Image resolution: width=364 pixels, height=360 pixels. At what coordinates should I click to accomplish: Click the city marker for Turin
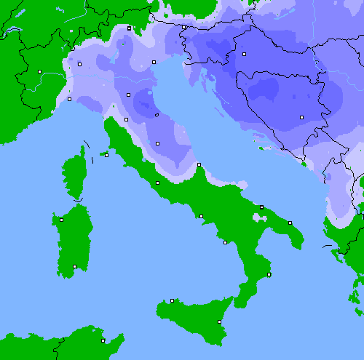(x=39, y=71)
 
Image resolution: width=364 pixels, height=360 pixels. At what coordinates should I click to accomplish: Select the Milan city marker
(x=80, y=64)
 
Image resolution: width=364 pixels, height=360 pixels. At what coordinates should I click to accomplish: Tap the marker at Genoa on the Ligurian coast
(x=69, y=99)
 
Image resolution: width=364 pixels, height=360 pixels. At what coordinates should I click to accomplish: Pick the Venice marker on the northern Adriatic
(x=154, y=62)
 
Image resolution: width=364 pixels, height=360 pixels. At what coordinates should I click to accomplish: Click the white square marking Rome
(x=157, y=183)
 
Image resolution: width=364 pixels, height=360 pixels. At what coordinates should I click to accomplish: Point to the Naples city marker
(x=201, y=216)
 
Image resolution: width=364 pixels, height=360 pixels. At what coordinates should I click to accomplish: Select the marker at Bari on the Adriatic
(x=262, y=207)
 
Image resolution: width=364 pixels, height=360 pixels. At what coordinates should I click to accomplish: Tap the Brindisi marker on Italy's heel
(x=290, y=223)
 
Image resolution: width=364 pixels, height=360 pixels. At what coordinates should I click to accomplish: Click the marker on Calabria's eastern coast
(x=269, y=274)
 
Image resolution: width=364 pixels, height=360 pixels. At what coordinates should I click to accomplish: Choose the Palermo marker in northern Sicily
(x=172, y=300)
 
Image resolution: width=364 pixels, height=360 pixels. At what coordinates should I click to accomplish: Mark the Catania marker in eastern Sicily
(x=220, y=321)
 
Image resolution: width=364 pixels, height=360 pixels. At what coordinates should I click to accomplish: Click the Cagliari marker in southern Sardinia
(x=74, y=266)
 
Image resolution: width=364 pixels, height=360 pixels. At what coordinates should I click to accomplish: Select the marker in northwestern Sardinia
(x=61, y=220)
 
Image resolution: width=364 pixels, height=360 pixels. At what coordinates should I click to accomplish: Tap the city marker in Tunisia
(x=103, y=340)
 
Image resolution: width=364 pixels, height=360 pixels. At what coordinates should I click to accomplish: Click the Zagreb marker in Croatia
(x=245, y=55)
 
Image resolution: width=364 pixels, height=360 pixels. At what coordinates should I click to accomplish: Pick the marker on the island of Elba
(x=106, y=155)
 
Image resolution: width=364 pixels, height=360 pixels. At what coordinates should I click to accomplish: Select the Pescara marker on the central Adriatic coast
(x=199, y=165)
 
